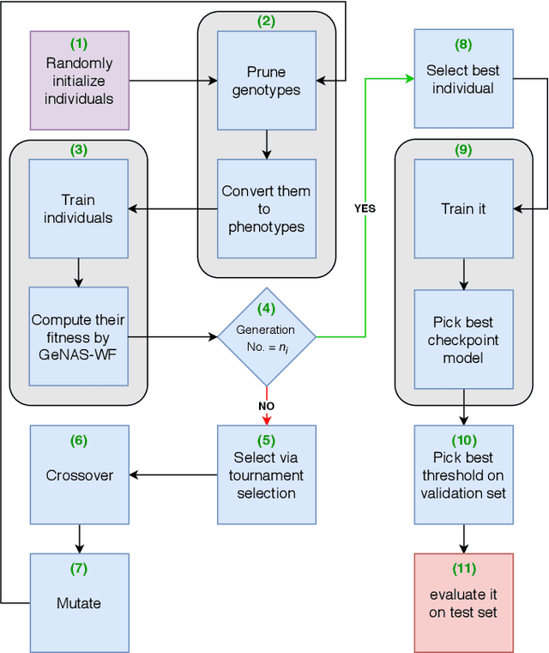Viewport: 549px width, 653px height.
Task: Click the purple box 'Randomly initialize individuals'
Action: (x=79, y=80)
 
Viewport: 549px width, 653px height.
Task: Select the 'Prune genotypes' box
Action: (x=266, y=80)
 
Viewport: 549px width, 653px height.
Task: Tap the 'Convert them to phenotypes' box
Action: (x=266, y=209)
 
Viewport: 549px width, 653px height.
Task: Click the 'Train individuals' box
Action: (x=78, y=209)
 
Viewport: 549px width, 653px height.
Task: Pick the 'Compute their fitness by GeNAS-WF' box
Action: (x=78, y=336)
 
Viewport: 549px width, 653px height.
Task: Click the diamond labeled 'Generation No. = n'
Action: (x=266, y=336)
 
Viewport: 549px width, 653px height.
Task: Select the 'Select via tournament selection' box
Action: (x=266, y=474)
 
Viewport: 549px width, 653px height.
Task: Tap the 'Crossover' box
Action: (x=79, y=474)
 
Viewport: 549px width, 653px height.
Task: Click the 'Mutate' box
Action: (x=79, y=602)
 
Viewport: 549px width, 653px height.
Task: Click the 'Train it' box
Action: (x=463, y=209)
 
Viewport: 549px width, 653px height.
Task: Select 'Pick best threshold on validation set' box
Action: (x=463, y=474)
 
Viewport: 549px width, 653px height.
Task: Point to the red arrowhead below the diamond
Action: (x=266, y=419)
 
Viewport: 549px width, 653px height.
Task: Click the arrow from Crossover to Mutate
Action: (x=79, y=538)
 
